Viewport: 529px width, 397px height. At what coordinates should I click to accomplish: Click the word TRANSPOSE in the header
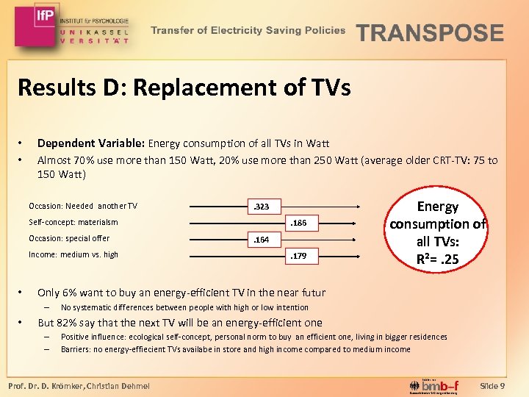pos(430,33)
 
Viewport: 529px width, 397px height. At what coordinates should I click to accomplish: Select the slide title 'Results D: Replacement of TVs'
pos(184,88)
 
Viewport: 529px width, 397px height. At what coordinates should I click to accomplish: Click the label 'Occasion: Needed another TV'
pos(82,206)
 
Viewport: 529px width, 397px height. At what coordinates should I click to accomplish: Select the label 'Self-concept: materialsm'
pos(73,222)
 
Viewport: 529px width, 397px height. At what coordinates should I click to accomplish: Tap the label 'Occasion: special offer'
pos(69,238)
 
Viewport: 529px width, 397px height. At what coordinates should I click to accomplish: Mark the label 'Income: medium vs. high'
pos(73,254)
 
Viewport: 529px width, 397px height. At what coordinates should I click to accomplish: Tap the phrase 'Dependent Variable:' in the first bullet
pos(91,143)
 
